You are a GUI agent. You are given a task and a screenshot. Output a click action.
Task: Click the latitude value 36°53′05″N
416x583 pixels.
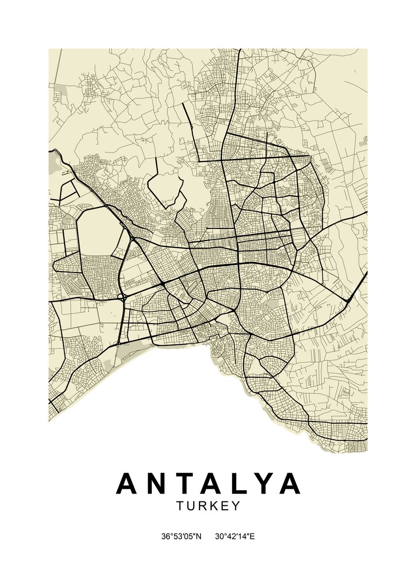(181, 537)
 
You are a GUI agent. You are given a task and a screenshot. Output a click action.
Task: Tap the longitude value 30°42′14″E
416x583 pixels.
(235, 537)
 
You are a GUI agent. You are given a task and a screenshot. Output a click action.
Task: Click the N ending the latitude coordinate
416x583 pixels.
(198, 537)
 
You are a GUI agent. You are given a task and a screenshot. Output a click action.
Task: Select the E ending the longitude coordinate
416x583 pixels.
(252, 537)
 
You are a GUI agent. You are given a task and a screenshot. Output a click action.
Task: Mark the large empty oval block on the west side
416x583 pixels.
(99, 232)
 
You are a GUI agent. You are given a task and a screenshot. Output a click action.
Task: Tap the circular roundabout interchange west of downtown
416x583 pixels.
(121, 296)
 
